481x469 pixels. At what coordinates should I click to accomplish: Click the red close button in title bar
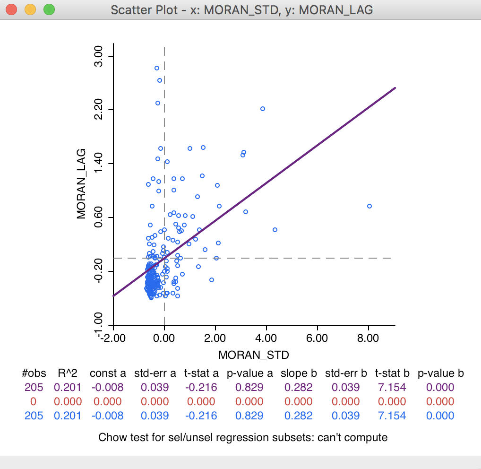[11, 9]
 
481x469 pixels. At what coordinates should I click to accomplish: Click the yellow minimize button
[30, 9]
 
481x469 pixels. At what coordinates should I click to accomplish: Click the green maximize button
[49, 9]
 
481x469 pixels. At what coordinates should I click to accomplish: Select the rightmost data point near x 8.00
[369, 206]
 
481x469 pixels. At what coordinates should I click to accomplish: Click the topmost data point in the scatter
[157, 68]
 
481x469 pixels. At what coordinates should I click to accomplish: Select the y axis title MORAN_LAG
[81, 184]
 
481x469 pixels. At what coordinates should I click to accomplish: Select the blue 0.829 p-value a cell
[249, 416]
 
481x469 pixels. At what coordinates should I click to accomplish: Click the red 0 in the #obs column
[34, 402]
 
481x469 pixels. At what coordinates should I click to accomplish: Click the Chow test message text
[243, 437]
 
